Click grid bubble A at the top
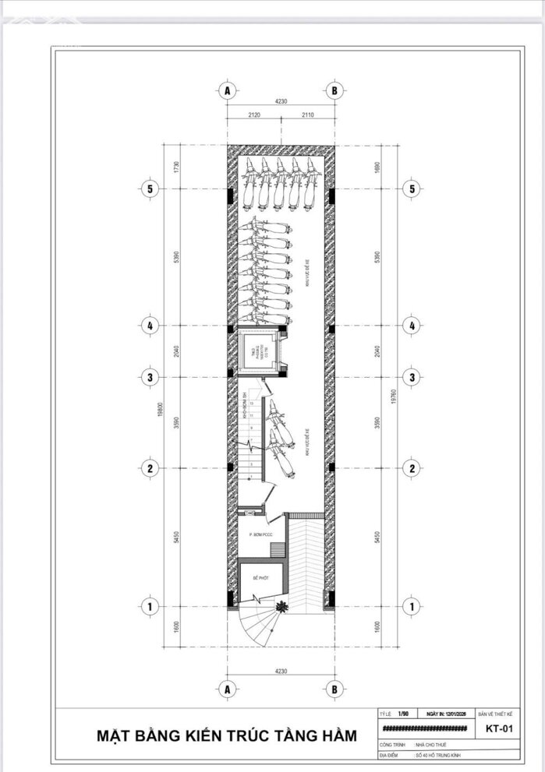pos(228,90)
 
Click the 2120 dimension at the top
pos(253,115)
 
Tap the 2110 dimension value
pos(307,115)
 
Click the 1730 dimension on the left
pos(178,167)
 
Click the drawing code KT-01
pos(498,730)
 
